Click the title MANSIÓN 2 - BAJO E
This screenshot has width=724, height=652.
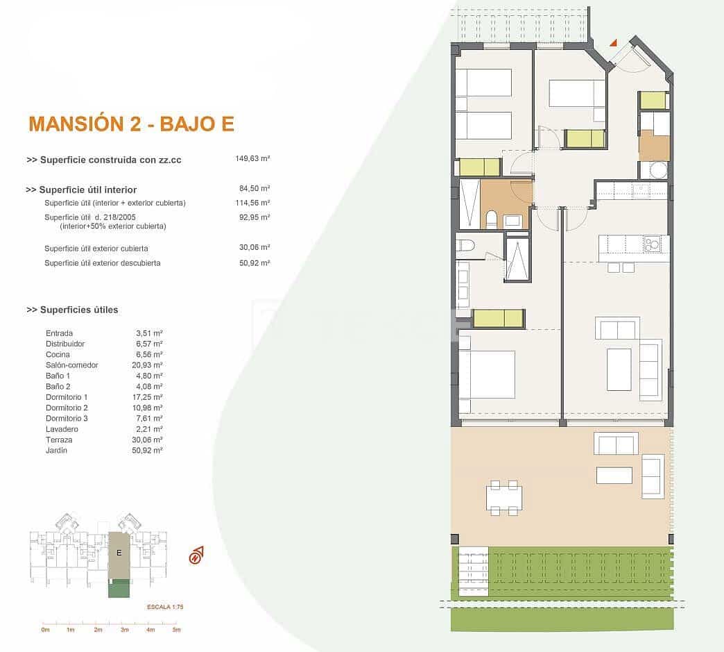(x=131, y=124)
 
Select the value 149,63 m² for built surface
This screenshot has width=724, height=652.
(x=252, y=158)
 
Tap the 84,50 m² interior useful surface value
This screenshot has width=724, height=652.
(x=254, y=188)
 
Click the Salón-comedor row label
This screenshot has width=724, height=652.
(x=71, y=365)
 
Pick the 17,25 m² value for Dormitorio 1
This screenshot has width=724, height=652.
(x=149, y=397)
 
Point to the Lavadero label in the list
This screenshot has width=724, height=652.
(x=60, y=429)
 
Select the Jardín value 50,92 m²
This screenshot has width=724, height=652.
(x=149, y=451)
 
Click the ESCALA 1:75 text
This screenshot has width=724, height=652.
(x=165, y=607)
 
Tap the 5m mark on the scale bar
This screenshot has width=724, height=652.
(x=177, y=630)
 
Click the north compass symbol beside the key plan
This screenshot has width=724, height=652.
(x=197, y=555)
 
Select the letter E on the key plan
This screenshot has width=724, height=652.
(x=119, y=553)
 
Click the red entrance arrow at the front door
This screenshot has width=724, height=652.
(x=613, y=43)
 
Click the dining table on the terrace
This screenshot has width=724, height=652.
(x=504, y=498)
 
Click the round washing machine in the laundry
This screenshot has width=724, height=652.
(x=657, y=170)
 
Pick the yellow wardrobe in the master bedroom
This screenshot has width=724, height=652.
(x=498, y=318)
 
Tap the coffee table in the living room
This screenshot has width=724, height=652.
(x=619, y=369)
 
